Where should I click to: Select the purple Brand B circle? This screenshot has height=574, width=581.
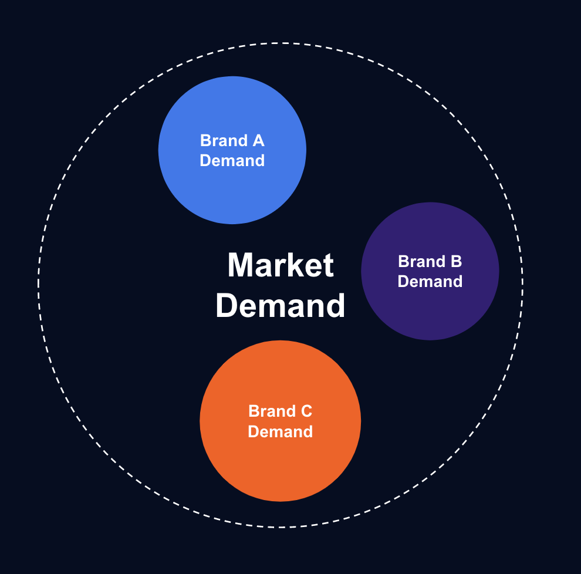tap(430, 311)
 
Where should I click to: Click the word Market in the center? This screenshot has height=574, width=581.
tap(281, 265)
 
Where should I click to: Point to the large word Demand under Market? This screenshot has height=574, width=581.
tap(281, 306)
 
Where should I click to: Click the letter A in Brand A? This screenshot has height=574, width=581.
tap(258, 141)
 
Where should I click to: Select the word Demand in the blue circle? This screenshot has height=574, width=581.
tap(232, 160)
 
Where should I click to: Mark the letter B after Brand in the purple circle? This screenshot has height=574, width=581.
tap(455, 262)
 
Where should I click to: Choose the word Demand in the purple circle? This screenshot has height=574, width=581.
tap(430, 282)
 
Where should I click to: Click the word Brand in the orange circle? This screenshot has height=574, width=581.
tap(272, 411)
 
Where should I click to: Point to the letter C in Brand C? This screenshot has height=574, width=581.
tap(306, 411)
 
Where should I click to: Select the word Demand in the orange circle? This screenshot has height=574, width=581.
tap(281, 432)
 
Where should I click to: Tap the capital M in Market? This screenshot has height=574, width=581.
tap(241, 265)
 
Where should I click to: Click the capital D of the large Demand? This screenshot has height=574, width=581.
tap(227, 306)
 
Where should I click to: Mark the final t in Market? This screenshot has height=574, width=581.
tap(329, 266)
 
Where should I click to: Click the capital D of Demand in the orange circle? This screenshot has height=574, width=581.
tap(253, 432)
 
